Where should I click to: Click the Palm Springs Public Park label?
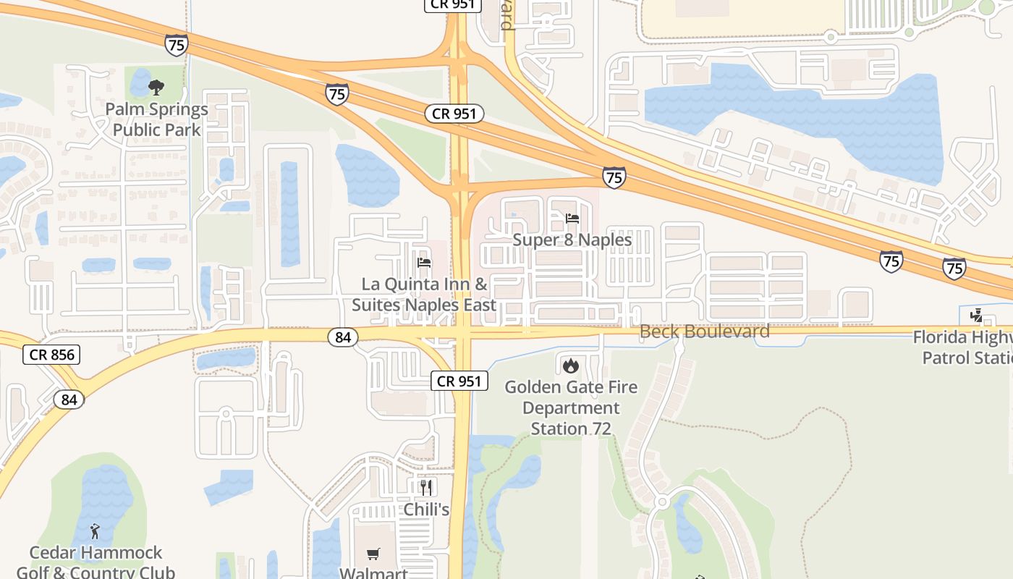pos(156,119)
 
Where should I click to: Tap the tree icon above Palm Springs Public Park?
pos(156,88)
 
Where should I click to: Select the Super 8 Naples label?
pos(572,240)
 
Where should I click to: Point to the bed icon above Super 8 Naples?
pos(572,218)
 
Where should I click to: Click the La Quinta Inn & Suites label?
pos(424,295)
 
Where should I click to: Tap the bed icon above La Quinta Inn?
pos(424,262)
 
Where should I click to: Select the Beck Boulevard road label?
pos(704,331)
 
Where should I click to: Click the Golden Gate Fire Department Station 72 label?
pos(571,407)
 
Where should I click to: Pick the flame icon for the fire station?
pos(571,365)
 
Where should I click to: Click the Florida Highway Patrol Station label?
pos(966,347)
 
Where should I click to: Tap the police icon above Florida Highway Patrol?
pos(976,316)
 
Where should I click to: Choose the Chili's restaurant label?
pos(426,510)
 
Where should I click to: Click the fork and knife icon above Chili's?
pos(426,487)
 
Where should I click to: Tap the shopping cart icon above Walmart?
pos(373,554)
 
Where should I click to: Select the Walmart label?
pos(373,572)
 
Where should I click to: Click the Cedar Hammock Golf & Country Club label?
pos(95,562)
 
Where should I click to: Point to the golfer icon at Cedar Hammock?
pos(95,532)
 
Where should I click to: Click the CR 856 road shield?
pos(51,355)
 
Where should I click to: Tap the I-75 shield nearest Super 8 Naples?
pos(614,177)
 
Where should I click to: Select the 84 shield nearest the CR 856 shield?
pos(69,399)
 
